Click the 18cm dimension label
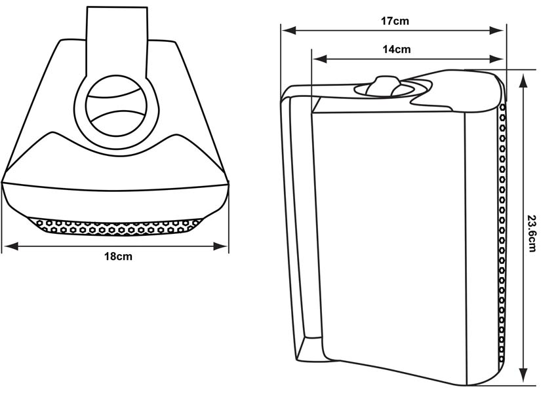click(118, 256)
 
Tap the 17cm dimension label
click(395, 21)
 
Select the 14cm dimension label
click(397, 49)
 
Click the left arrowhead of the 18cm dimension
click(8, 246)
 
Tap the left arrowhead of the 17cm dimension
click(287, 30)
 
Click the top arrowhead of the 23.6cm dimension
click(523, 77)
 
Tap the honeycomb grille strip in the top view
click(118, 226)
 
